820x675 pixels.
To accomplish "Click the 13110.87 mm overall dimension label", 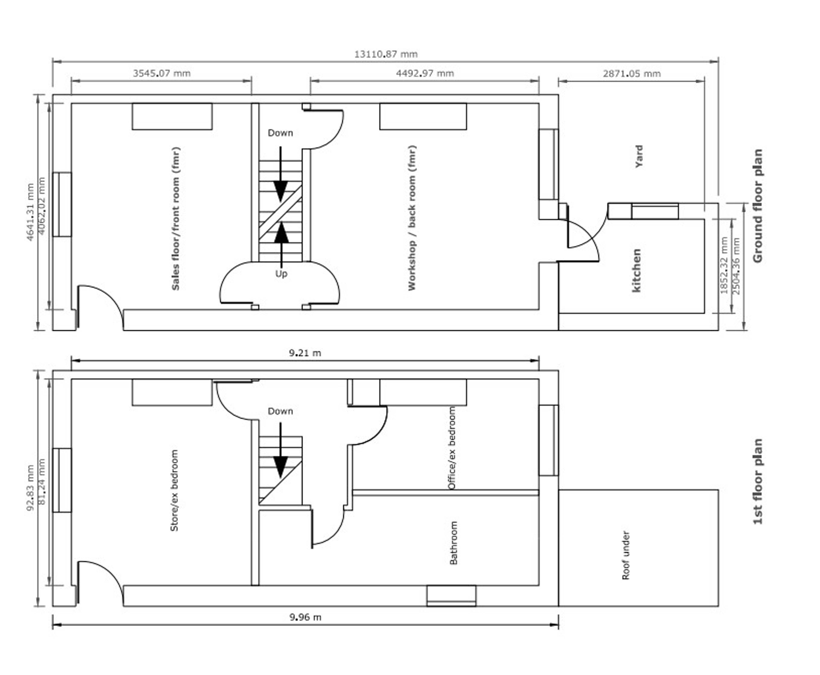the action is pyautogui.click(x=386, y=54).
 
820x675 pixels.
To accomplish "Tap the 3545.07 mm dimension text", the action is pyautogui.click(x=162, y=73).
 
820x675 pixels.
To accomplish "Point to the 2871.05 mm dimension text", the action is pyautogui.click(x=631, y=73).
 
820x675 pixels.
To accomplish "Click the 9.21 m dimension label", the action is pyautogui.click(x=305, y=353).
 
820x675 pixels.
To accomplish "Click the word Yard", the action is pyautogui.click(x=639, y=156).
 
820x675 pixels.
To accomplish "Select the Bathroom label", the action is pyautogui.click(x=453, y=543).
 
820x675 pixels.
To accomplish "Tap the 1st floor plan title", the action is pyautogui.click(x=758, y=481).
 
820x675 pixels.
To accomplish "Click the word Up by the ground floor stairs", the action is pyautogui.click(x=281, y=274).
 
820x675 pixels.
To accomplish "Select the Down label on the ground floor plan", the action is pyautogui.click(x=280, y=133).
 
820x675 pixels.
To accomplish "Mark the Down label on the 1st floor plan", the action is pyautogui.click(x=280, y=411).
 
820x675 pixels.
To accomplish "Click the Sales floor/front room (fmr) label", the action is pyautogui.click(x=176, y=219).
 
